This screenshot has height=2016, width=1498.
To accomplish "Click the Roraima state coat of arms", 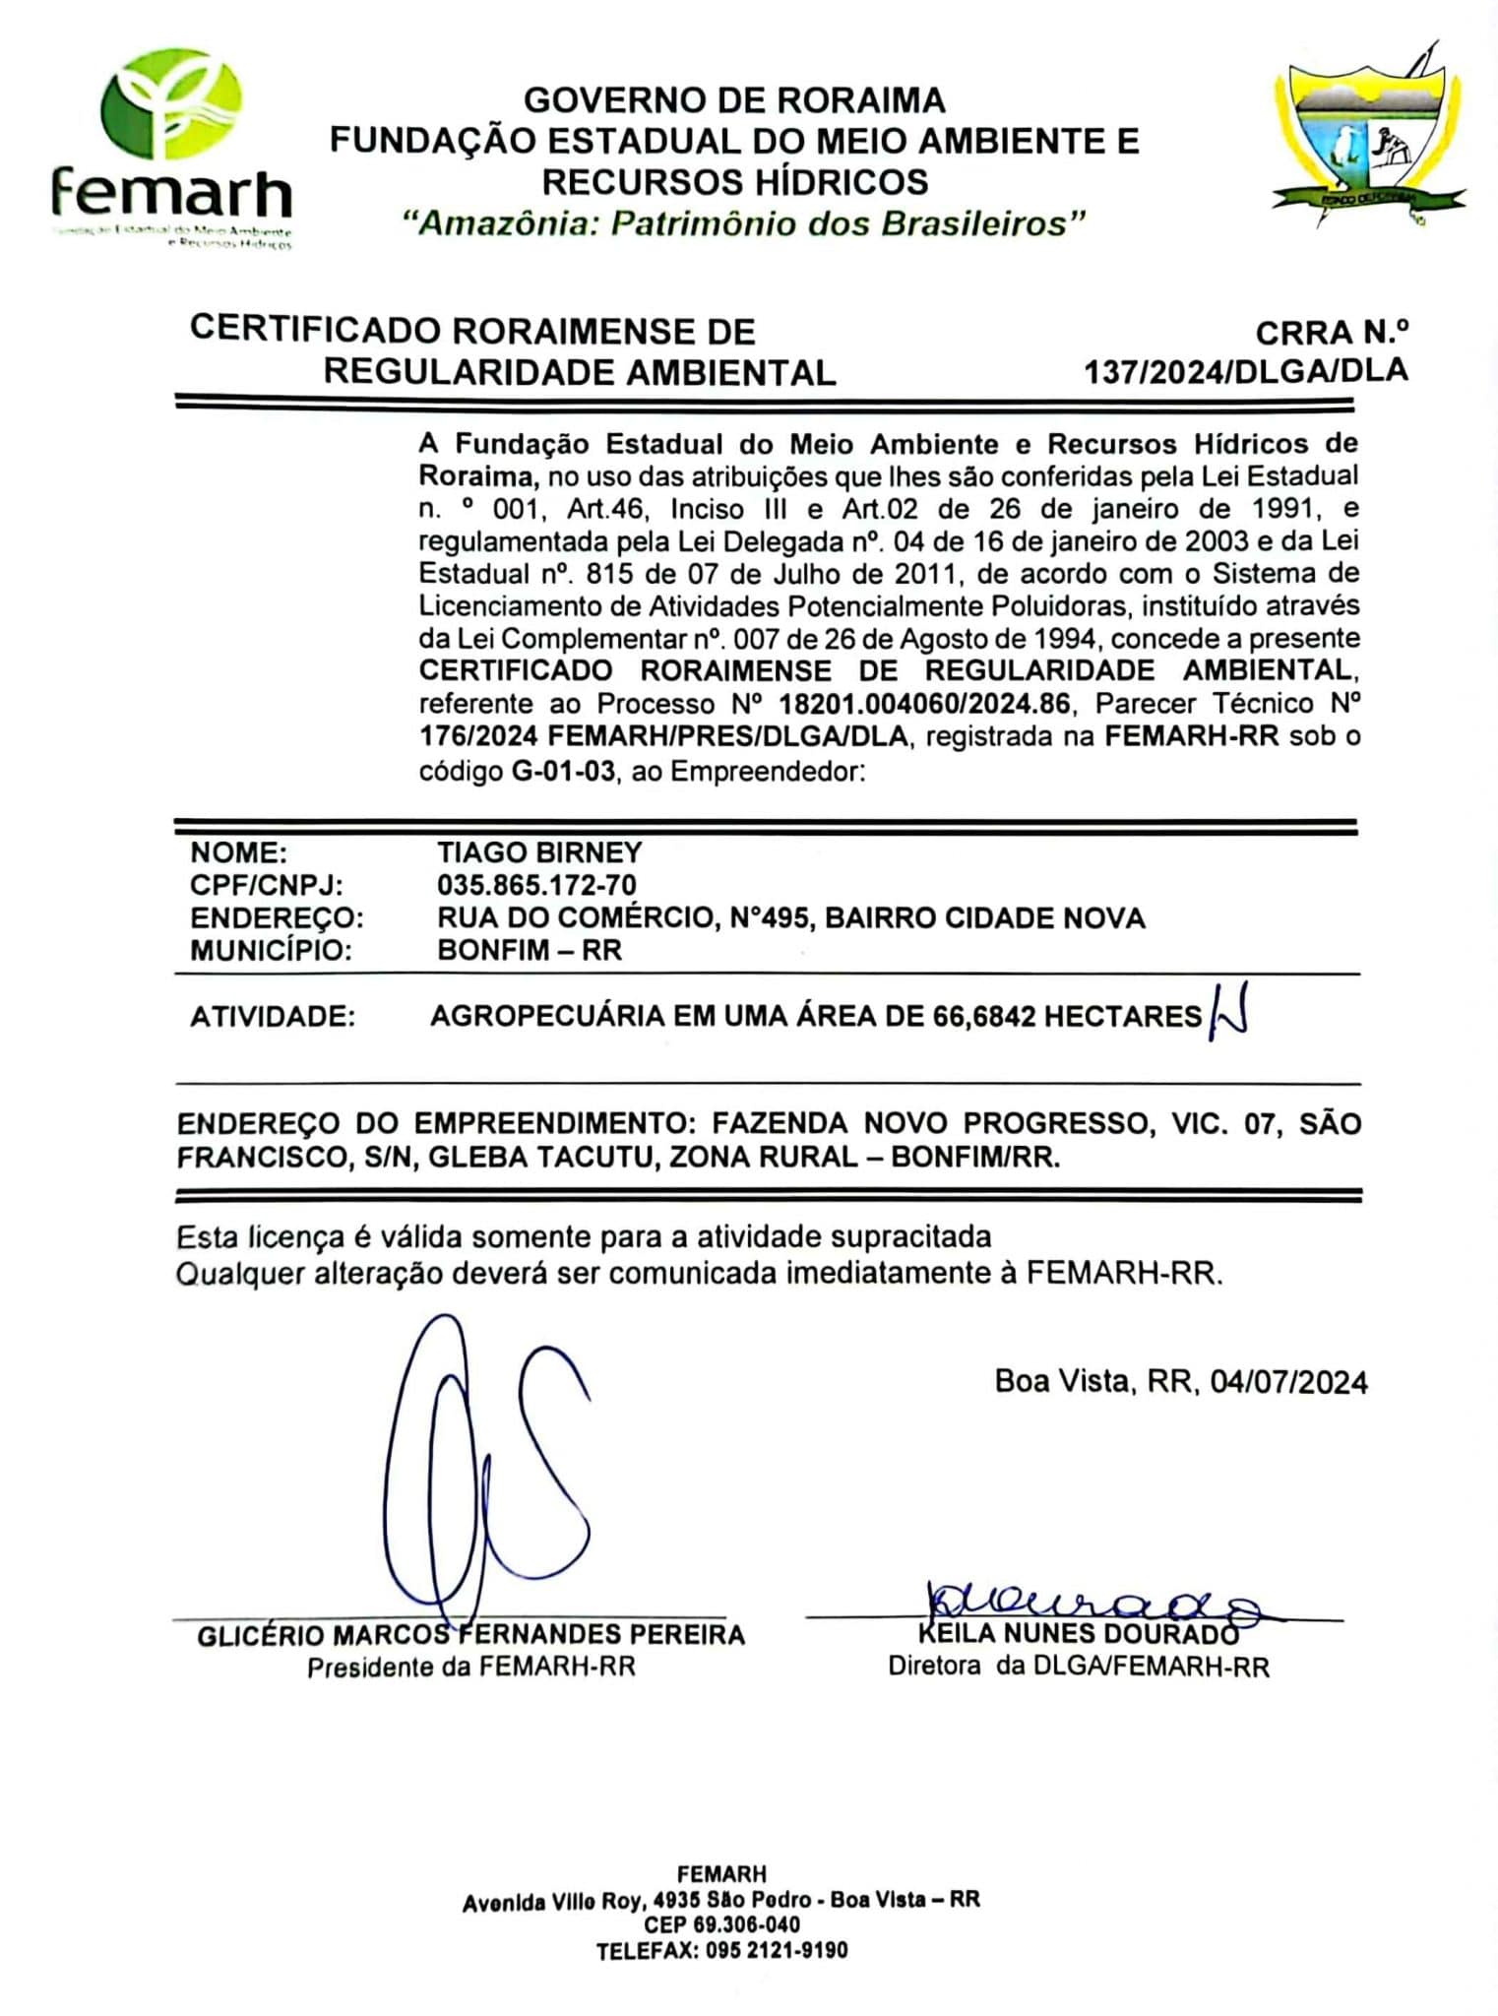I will pos(1369,138).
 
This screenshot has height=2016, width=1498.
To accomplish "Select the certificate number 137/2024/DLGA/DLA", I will pos(1245,371).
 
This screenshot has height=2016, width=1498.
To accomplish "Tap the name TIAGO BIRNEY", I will pos(539,852).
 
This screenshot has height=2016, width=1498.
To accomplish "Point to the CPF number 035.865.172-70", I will pos(536,885).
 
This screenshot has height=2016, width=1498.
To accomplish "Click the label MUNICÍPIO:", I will pos(271,951).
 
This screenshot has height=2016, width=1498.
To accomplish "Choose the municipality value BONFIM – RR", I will pos(530,951).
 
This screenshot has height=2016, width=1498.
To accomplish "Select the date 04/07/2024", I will pos(1288,1382).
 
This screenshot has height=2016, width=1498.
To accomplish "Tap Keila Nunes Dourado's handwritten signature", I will pos(1083,1602).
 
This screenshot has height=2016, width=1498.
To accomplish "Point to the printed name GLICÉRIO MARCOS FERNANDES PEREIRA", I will pos(470,1636).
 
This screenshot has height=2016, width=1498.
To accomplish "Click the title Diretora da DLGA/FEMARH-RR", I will pos(1078,1667).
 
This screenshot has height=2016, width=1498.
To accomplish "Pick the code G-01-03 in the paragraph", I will pos(564,771).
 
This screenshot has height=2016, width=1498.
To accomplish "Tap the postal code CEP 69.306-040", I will pos(721,1924).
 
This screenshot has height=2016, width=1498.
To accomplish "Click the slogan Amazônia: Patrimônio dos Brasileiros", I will pos(744,223).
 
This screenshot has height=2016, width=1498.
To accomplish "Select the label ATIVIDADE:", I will pos(272,1016).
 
